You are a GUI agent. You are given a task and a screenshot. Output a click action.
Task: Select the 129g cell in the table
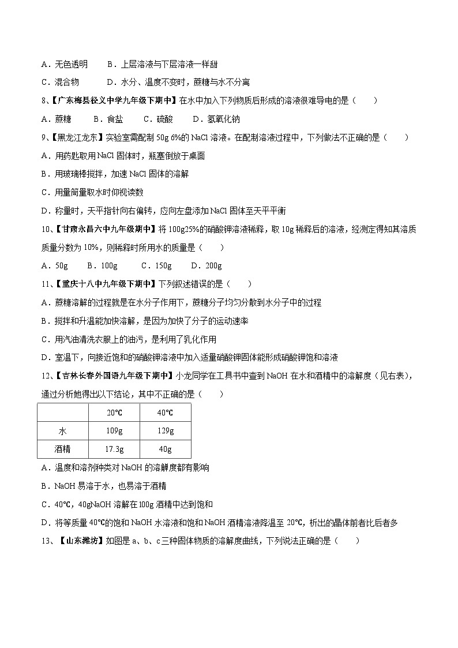point(165,431)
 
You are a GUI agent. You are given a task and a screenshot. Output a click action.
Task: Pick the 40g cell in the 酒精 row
point(165,449)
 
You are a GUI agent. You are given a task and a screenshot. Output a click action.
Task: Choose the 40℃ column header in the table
point(165,413)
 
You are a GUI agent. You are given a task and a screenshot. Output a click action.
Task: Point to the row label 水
point(63,431)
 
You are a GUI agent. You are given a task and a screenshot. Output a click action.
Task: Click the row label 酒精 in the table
point(63,449)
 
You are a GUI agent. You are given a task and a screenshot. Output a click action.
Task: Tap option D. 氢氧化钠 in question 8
point(216,119)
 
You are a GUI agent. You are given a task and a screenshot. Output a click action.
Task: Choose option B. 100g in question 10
point(102,266)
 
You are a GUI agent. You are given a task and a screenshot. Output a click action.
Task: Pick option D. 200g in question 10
point(206,266)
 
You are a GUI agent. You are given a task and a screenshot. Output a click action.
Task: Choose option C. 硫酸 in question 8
point(157,119)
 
